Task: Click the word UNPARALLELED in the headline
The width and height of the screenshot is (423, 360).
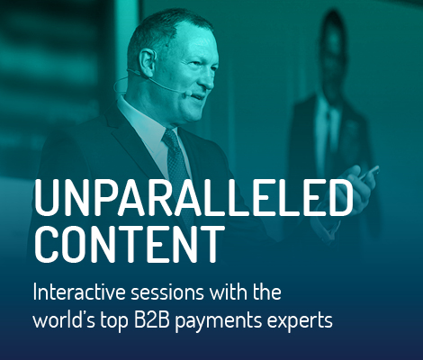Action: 193,198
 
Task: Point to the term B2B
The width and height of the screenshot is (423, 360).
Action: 152,320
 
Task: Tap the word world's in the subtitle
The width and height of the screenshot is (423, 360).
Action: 64,320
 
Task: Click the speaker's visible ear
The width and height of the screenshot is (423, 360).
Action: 148,62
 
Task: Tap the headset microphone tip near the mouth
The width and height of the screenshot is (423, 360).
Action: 184,92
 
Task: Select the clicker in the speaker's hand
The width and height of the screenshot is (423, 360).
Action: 370,173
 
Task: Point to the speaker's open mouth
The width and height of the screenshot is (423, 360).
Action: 196,97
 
